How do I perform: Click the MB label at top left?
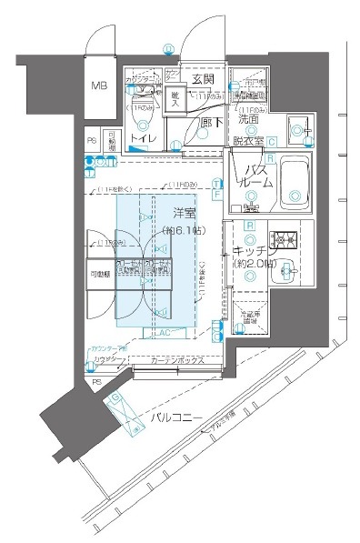(x=98, y=87)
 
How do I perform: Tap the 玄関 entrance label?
(x=201, y=80)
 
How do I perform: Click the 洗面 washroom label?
(x=250, y=118)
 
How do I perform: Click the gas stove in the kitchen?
(x=289, y=241)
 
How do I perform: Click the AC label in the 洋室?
(x=165, y=333)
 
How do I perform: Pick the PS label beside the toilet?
(x=92, y=141)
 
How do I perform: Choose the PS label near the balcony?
(x=98, y=383)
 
